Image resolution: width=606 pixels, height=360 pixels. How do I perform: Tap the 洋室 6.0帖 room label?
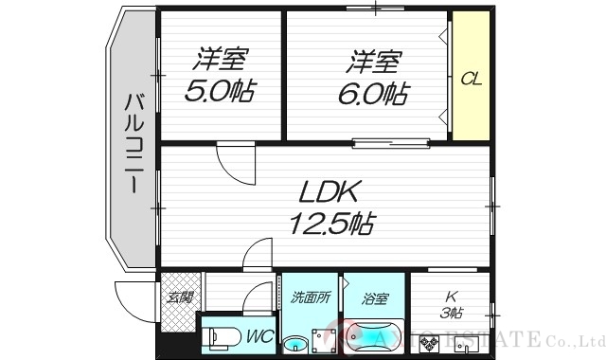(x=371, y=78)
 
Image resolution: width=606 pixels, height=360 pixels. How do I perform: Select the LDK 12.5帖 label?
(x=330, y=208)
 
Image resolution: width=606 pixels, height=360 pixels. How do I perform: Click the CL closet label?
(x=471, y=78)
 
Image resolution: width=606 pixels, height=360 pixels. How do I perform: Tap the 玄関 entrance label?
(x=179, y=297)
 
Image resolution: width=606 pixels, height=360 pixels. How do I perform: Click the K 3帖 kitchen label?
(x=451, y=303)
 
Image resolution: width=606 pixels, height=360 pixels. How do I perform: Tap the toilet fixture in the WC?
(x=220, y=336)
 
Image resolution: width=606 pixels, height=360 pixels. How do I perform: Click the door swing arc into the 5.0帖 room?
(x=233, y=162)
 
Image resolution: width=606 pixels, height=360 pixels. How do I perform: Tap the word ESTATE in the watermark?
(x=512, y=339)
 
